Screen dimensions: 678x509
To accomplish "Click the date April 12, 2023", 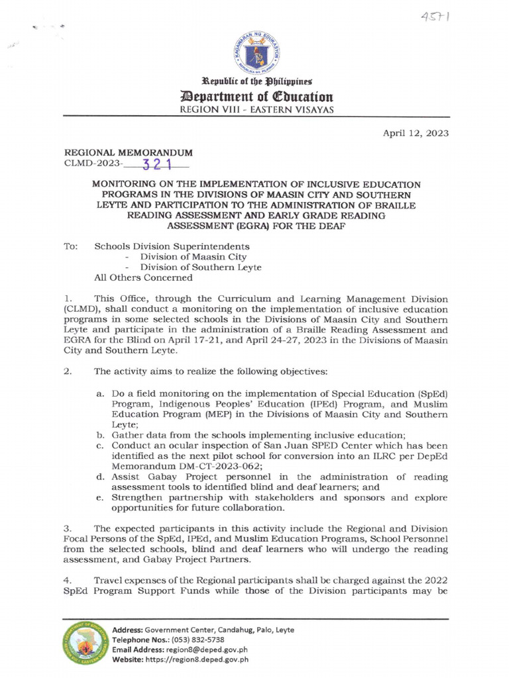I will click(x=416, y=133).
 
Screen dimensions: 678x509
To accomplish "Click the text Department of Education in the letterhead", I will click(x=254, y=97).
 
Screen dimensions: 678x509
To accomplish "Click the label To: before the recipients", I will click(x=70, y=246).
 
